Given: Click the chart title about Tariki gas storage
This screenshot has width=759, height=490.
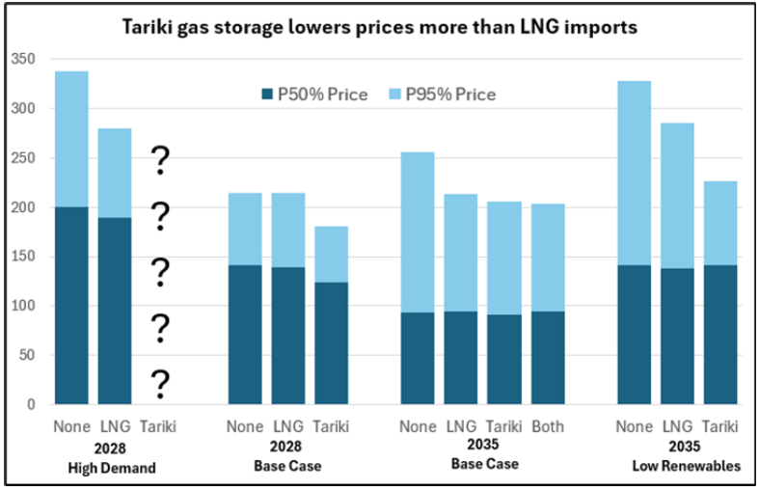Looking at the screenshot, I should (379, 28).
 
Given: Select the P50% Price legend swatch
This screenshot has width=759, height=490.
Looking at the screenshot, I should (267, 95).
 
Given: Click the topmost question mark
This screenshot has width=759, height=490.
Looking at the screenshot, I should (160, 160).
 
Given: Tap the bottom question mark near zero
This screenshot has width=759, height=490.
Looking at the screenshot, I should (160, 384).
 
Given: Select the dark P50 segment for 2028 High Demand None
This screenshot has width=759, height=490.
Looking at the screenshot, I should (71, 305).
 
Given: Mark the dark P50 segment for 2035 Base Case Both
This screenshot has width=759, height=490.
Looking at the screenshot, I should (547, 357).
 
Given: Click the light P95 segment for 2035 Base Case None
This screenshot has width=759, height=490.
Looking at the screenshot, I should (418, 231).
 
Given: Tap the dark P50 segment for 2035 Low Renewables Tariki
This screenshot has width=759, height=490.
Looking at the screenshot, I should (719, 334).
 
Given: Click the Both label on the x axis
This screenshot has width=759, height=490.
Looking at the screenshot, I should (547, 426).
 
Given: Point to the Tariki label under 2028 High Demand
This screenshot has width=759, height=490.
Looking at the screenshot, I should (158, 426).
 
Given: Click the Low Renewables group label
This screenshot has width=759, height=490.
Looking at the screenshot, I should (676, 466).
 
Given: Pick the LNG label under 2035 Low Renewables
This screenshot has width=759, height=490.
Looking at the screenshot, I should (676, 426).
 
